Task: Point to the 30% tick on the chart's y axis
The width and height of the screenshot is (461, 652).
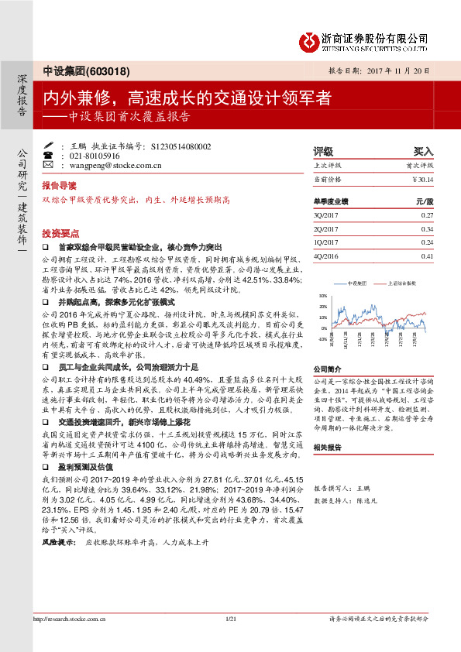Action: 322,296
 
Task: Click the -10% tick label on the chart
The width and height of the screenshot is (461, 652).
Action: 322,339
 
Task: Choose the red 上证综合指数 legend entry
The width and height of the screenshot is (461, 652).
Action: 398,284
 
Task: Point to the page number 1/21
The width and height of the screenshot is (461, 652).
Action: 229,640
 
